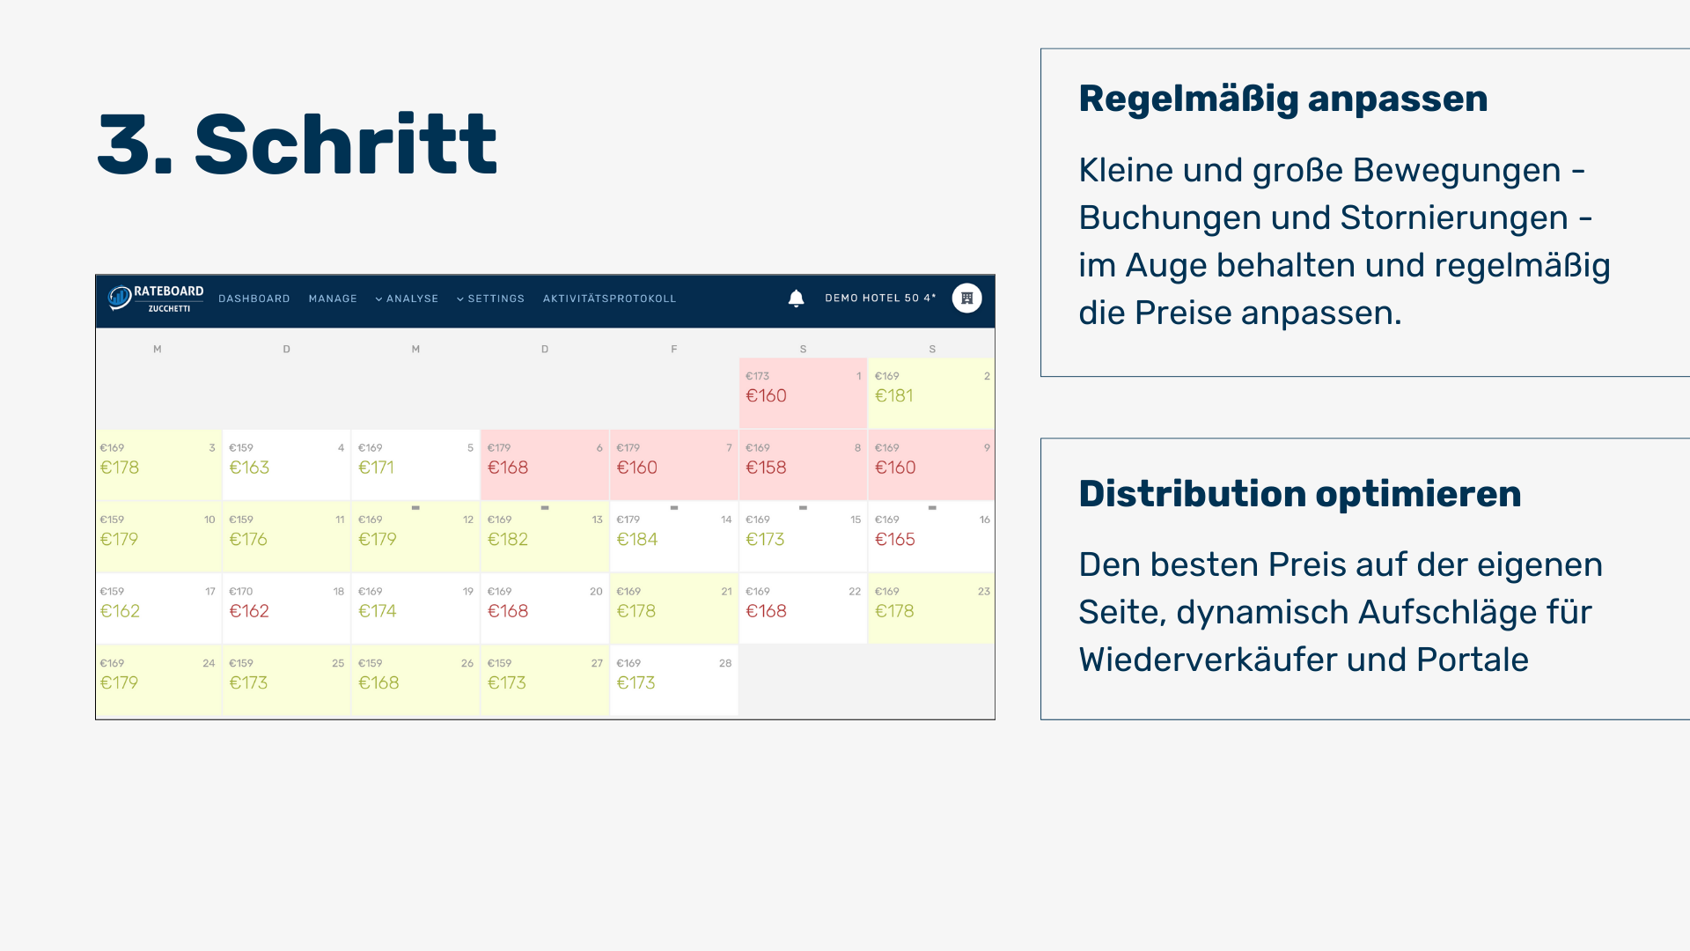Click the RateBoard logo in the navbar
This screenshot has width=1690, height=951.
(x=156, y=299)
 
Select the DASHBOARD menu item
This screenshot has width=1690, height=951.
(x=253, y=299)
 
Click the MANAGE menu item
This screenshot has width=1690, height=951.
(x=333, y=299)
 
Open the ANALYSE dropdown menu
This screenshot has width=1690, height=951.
(x=407, y=299)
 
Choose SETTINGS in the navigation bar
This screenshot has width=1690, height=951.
(x=490, y=299)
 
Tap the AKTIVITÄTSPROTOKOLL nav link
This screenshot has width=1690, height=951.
(x=609, y=299)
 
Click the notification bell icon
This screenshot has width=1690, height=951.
(x=796, y=299)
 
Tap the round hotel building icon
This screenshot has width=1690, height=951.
(x=966, y=299)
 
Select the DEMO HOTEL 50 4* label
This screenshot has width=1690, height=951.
(x=880, y=299)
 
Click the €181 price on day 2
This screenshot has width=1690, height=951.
(x=893, y=396)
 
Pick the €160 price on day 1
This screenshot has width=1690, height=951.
(x=766, y=396)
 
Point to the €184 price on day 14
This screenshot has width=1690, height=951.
(x=637, y=540)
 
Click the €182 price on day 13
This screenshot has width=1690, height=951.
(x=508, y=540)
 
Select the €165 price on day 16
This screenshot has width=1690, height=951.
(x=895, y=540)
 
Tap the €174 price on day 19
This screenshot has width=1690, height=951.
(x=378, y=611)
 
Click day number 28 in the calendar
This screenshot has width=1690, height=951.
(x=725, y=663)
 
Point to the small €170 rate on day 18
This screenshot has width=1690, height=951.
(x=240, y=592)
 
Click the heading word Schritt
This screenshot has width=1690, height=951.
(x=345, y=144)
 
